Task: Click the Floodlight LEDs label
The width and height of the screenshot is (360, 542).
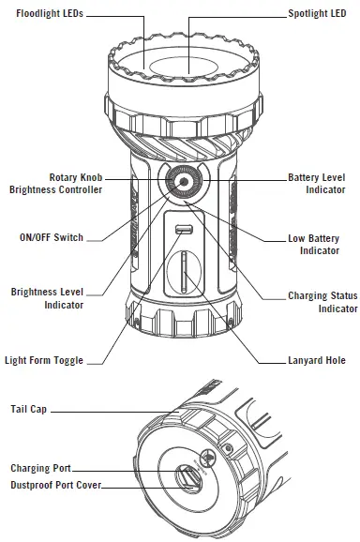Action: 46,15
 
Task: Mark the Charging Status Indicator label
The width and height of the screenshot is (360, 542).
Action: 322,302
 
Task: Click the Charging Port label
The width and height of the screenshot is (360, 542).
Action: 40,467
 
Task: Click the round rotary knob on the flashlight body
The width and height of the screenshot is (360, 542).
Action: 184,183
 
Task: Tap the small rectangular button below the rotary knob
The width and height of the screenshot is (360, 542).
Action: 183,231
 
